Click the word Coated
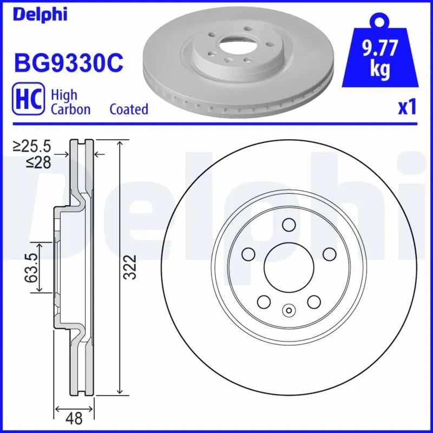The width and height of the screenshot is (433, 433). tap(129, 109)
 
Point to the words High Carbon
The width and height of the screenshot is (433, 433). tap(70, 101)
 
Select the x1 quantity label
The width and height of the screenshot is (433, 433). tap(407, 108)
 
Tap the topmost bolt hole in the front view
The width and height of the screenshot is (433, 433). tap(288, 225)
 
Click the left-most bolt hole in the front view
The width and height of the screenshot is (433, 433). tap(249, 253)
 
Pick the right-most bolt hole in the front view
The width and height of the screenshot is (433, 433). tap(328, 253)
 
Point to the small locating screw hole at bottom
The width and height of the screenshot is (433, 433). tap(288, 310)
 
